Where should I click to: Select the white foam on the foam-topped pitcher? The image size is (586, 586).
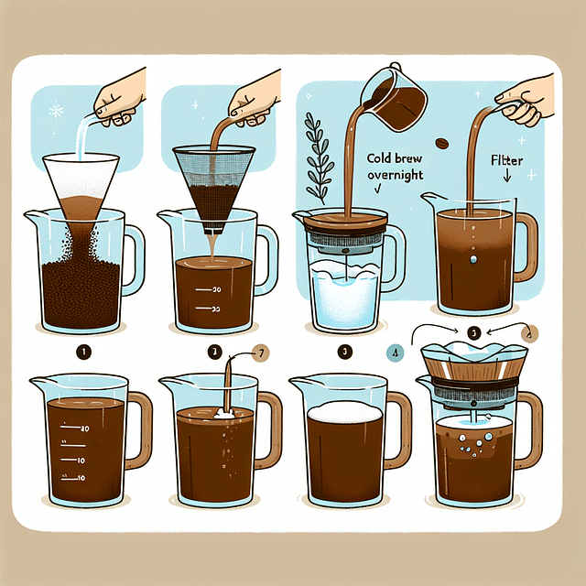[341, 414]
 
